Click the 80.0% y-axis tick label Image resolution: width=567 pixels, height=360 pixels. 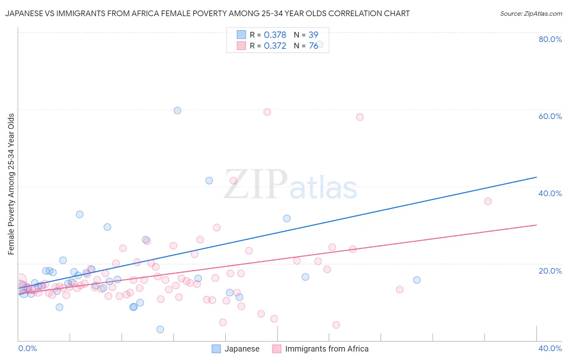(550, 39)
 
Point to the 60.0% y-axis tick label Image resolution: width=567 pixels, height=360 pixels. (550, 116)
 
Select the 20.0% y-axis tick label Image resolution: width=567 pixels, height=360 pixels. (550, 270)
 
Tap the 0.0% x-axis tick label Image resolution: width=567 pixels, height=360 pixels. (27, 348)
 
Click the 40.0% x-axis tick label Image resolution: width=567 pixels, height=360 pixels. (550, 348)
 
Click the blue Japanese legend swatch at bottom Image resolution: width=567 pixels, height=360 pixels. (217, 349)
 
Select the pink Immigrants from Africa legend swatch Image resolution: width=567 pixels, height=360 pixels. (277, 349)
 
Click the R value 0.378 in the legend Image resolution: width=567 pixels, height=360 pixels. (275, 35)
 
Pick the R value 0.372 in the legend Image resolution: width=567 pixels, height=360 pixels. (275, 46)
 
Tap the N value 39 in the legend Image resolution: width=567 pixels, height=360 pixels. (313, 35)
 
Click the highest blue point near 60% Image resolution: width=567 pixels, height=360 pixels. (177, 110)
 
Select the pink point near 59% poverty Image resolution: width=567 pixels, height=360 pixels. (267, 112)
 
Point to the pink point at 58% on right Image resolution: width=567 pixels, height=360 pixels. (360, 117)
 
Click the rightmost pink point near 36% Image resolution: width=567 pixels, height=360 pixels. (488, 201)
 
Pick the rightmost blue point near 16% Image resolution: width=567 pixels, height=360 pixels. (417, 280)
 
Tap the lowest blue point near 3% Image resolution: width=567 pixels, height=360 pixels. (160, 329)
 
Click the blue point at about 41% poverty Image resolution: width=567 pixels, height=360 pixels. (209, 180)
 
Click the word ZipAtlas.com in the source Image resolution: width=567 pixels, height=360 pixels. (542, 13)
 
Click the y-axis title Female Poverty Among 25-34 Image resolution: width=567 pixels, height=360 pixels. (11, 184)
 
